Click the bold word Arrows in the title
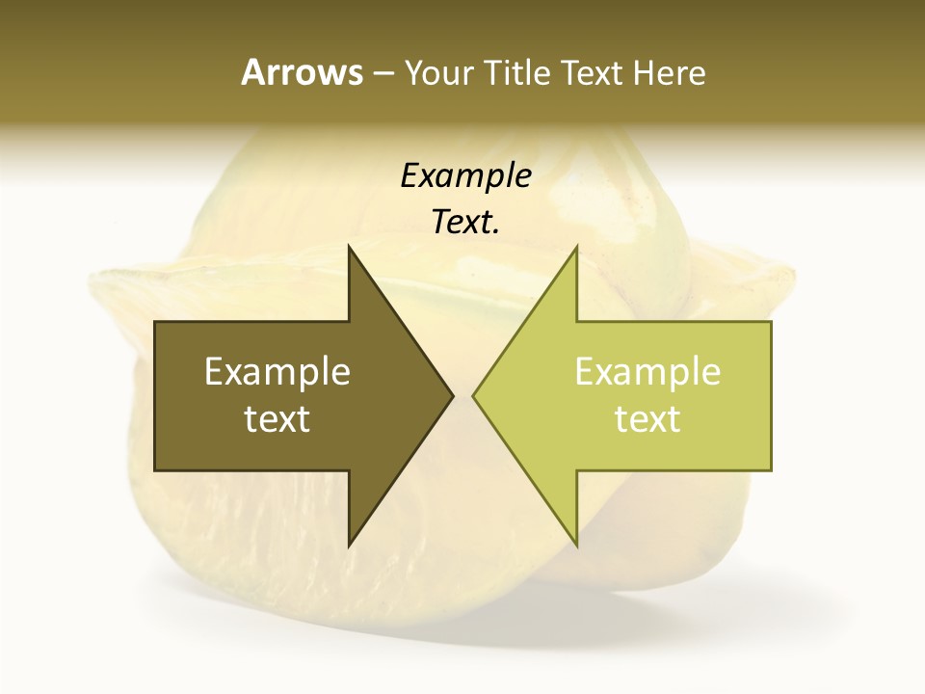click(x=302, y=72)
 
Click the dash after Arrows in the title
click(x=383, y=73)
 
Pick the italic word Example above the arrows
click(x=465, y=176)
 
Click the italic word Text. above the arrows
click(x=465, y=223)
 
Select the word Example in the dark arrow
click(x=277, y=371)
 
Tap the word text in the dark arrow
click(x=277, y=418)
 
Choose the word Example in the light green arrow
click(x=647, y=371)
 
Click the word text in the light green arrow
click(x=647, y=418)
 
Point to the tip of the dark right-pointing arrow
click(x=453, y=395)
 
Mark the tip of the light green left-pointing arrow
click(x=473, y=395)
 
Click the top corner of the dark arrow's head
click(x=349, y=246)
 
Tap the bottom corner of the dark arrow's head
click(x=349, y=547)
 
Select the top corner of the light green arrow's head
click(x=576, y=246)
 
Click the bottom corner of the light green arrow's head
click(x=576, y=547)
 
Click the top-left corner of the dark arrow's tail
click(x=155, y=322)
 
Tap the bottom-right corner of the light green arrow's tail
click(x=771, y=470)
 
